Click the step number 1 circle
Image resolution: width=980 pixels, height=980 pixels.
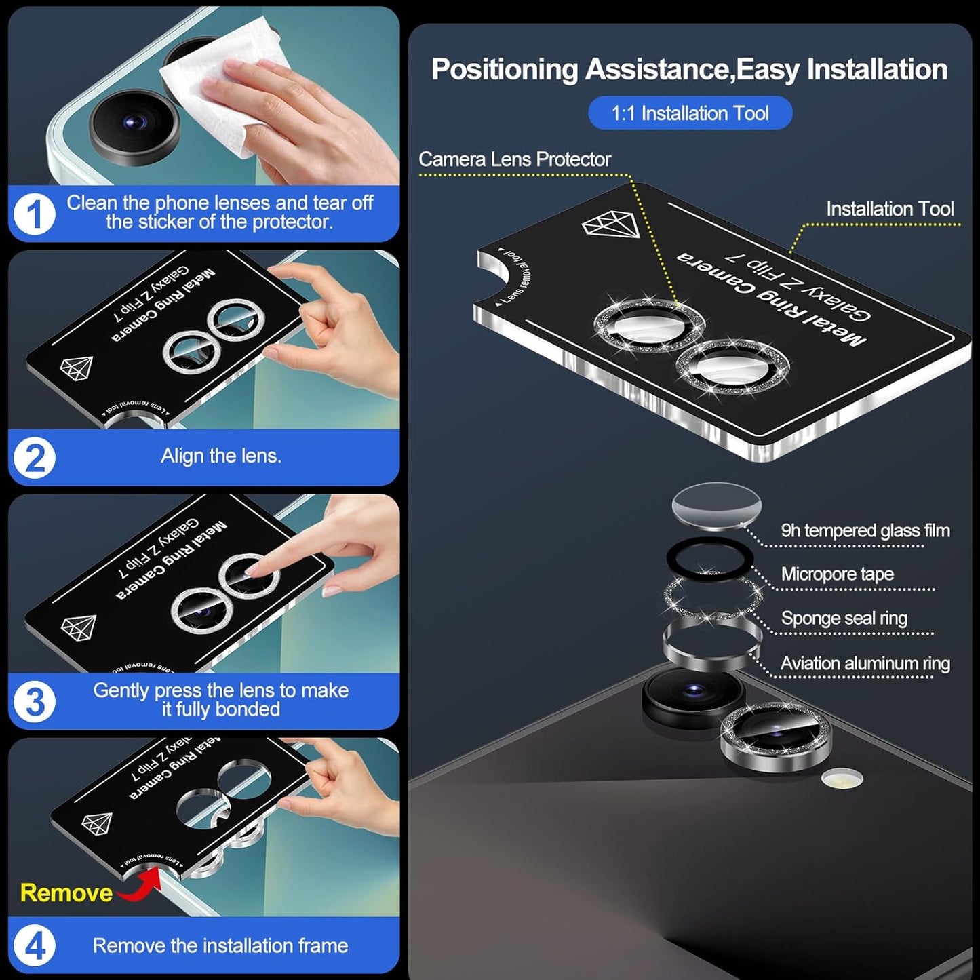(34, 214)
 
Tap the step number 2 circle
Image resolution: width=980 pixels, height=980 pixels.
(34, 458)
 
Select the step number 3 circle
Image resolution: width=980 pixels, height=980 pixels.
(34, 701)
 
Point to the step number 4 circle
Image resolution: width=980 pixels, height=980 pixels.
(34, 945)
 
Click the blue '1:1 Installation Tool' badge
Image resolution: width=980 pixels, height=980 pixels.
(690, 113)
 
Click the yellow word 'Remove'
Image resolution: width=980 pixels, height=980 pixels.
(66, 893)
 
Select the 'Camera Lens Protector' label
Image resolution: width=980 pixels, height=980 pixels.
(514, 159)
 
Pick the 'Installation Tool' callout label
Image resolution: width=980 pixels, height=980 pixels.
(889, 209)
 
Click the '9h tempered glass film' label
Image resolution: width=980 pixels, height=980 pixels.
(865, 530)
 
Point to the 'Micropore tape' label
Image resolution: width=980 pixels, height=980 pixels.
(837, 574)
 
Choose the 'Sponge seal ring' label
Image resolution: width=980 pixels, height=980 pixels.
(844, 618)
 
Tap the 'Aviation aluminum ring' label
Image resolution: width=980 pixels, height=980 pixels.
(865, 663)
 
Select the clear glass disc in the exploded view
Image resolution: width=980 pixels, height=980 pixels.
(716, 505)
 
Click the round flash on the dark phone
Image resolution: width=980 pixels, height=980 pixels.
(842, 778)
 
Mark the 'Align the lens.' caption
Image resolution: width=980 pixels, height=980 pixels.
(220, 456)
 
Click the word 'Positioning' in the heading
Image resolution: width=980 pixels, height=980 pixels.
(504, 70)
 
